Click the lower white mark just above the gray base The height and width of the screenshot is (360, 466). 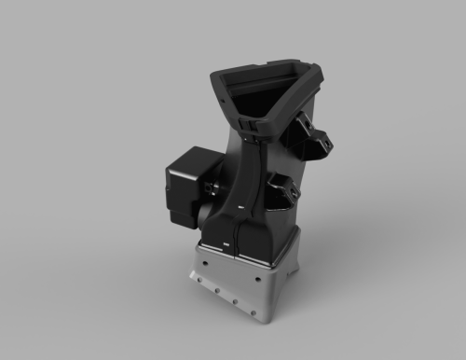click(x=226, y=244)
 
